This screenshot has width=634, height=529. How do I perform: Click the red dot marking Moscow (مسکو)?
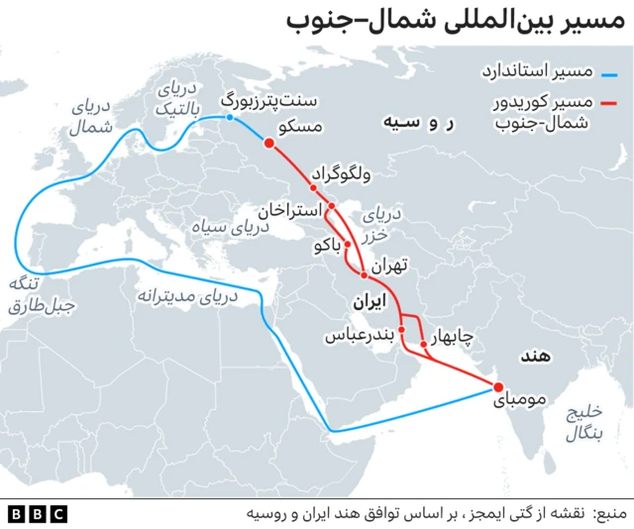point(268,143)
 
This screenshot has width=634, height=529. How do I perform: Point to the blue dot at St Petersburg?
point(230,118)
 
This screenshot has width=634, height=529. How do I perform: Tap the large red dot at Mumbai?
point(498,387)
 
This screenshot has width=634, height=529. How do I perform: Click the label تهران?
point(391,265)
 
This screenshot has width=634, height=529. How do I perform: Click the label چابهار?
point(454,337)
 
